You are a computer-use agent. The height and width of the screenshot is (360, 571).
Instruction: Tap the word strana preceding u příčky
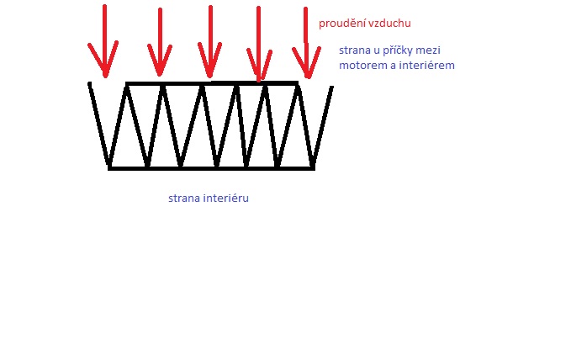pos(356,50)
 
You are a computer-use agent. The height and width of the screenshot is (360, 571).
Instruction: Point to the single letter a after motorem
pos(390,66)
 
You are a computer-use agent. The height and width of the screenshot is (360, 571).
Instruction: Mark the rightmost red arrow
pos(306,46)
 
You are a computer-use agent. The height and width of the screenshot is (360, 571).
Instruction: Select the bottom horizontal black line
pos(210,168)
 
